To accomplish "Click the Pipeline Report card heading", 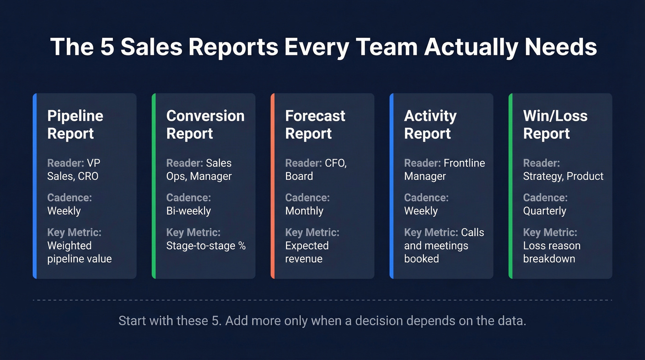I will [x=75, y=124].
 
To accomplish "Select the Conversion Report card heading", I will [x=205, y=124].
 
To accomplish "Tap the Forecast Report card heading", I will [x=315, y=124].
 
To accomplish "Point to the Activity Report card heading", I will [x=430, y=124].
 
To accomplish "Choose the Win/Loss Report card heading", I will [x=555, y=124].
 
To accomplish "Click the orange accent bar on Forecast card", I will [x=273, y=186].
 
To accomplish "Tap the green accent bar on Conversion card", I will [x=154, y=186].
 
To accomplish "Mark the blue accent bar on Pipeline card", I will [x=35, y=186].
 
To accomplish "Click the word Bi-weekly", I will [x=188, y=211].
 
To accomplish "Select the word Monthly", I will [x=304, y=211].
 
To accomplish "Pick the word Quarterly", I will [x=545, y=211].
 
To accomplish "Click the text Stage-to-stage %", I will [x=206, y=246].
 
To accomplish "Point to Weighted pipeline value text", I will [x=79, y=252].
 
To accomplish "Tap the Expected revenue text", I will [x=307, y=252].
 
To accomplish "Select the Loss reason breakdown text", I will [x=551, y=252].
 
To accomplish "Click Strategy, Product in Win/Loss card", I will [x=563, y=176].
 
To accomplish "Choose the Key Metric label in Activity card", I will [x=431, y=232].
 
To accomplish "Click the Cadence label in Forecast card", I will [x=307, y=198].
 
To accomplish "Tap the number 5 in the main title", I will [x=107, y=47].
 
